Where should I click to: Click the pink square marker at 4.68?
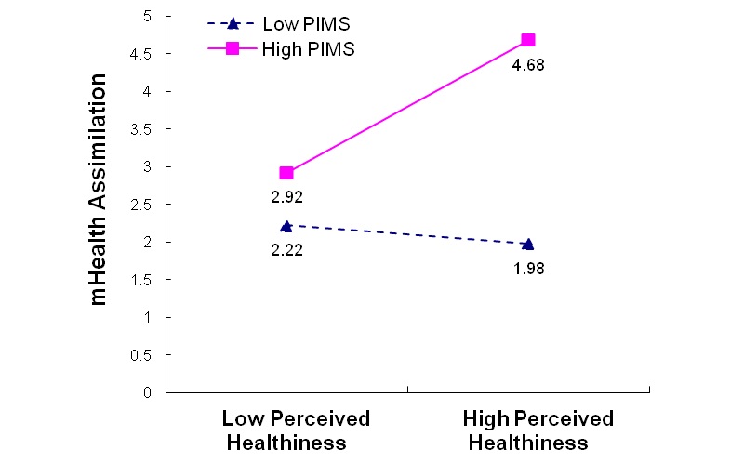click(x=528, y=40)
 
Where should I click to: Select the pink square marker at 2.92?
click(x=286, y=173)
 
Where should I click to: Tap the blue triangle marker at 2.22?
click(x=286, y=226)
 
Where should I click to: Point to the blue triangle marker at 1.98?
click(x=528, y=244)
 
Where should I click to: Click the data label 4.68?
click(x=528, y=67)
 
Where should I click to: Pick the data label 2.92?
click(x=286, y=198)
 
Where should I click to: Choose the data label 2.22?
click(x=286, y=250)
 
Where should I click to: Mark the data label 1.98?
click(x=528, y=270)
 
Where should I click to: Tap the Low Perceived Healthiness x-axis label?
click(x=296, y=430)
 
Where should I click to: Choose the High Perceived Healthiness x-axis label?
click(x=538, y=430)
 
